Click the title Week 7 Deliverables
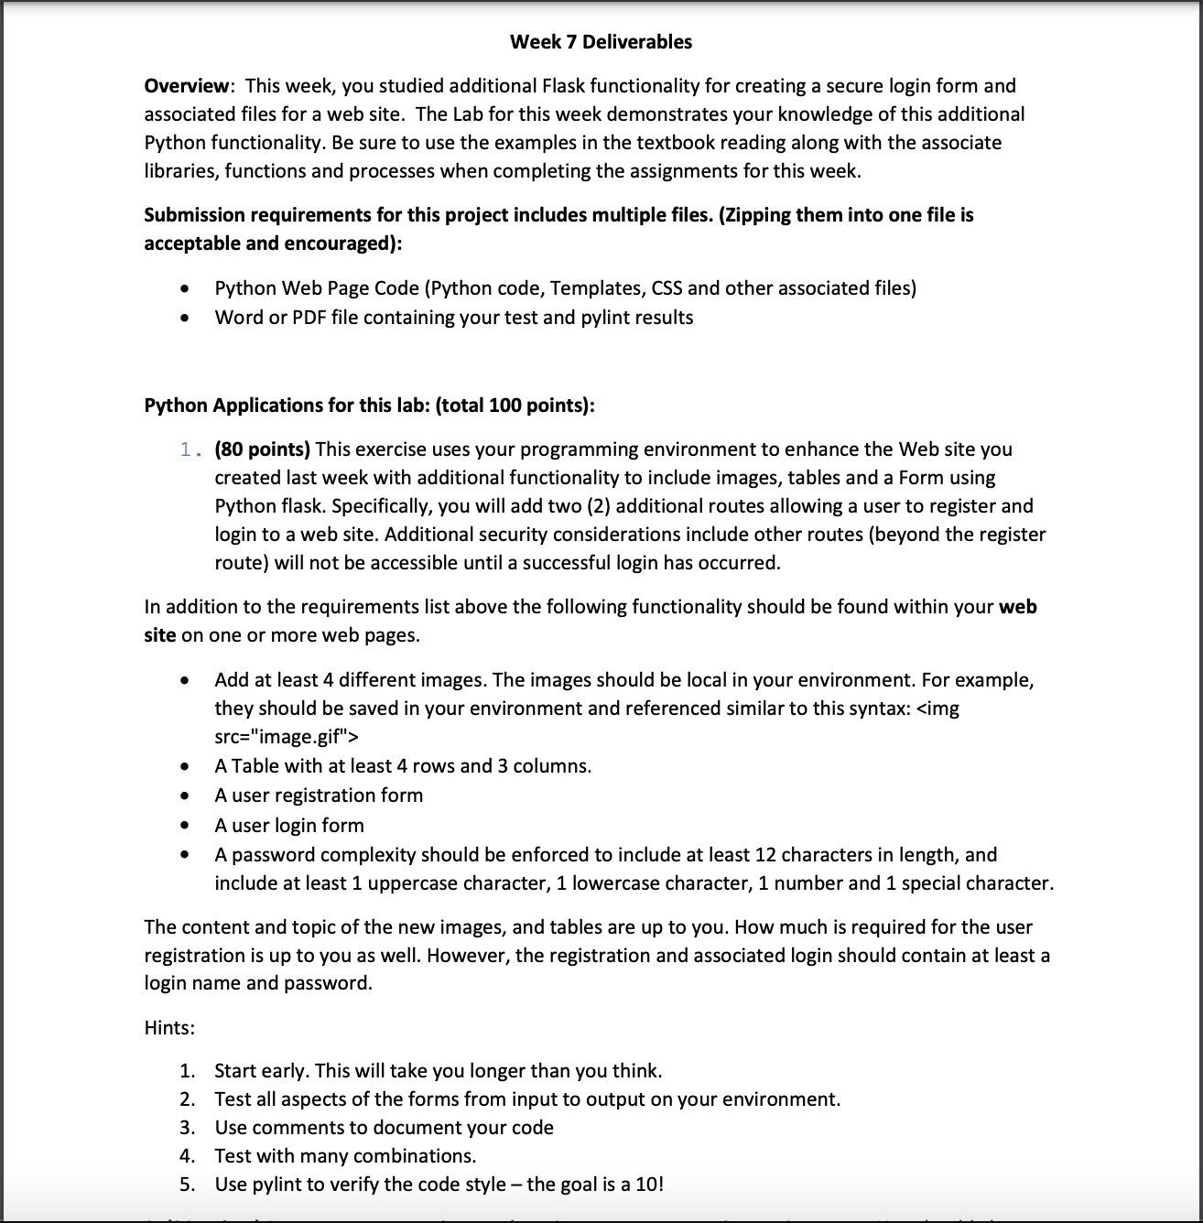click(601, 41)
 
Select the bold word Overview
click(187, 86)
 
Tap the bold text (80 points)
click(262, 449)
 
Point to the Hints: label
click(169, 1028)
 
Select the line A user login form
click(289, 826)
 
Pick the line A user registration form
click(319, 795)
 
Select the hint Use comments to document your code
click(384, 1128)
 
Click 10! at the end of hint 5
click(649, 1185)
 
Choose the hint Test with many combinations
click(345, 1156)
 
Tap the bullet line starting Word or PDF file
click(453, 318)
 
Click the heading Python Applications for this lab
click(369, 406)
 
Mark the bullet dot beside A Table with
click(186, 766)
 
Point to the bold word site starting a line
click(159, 635)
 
